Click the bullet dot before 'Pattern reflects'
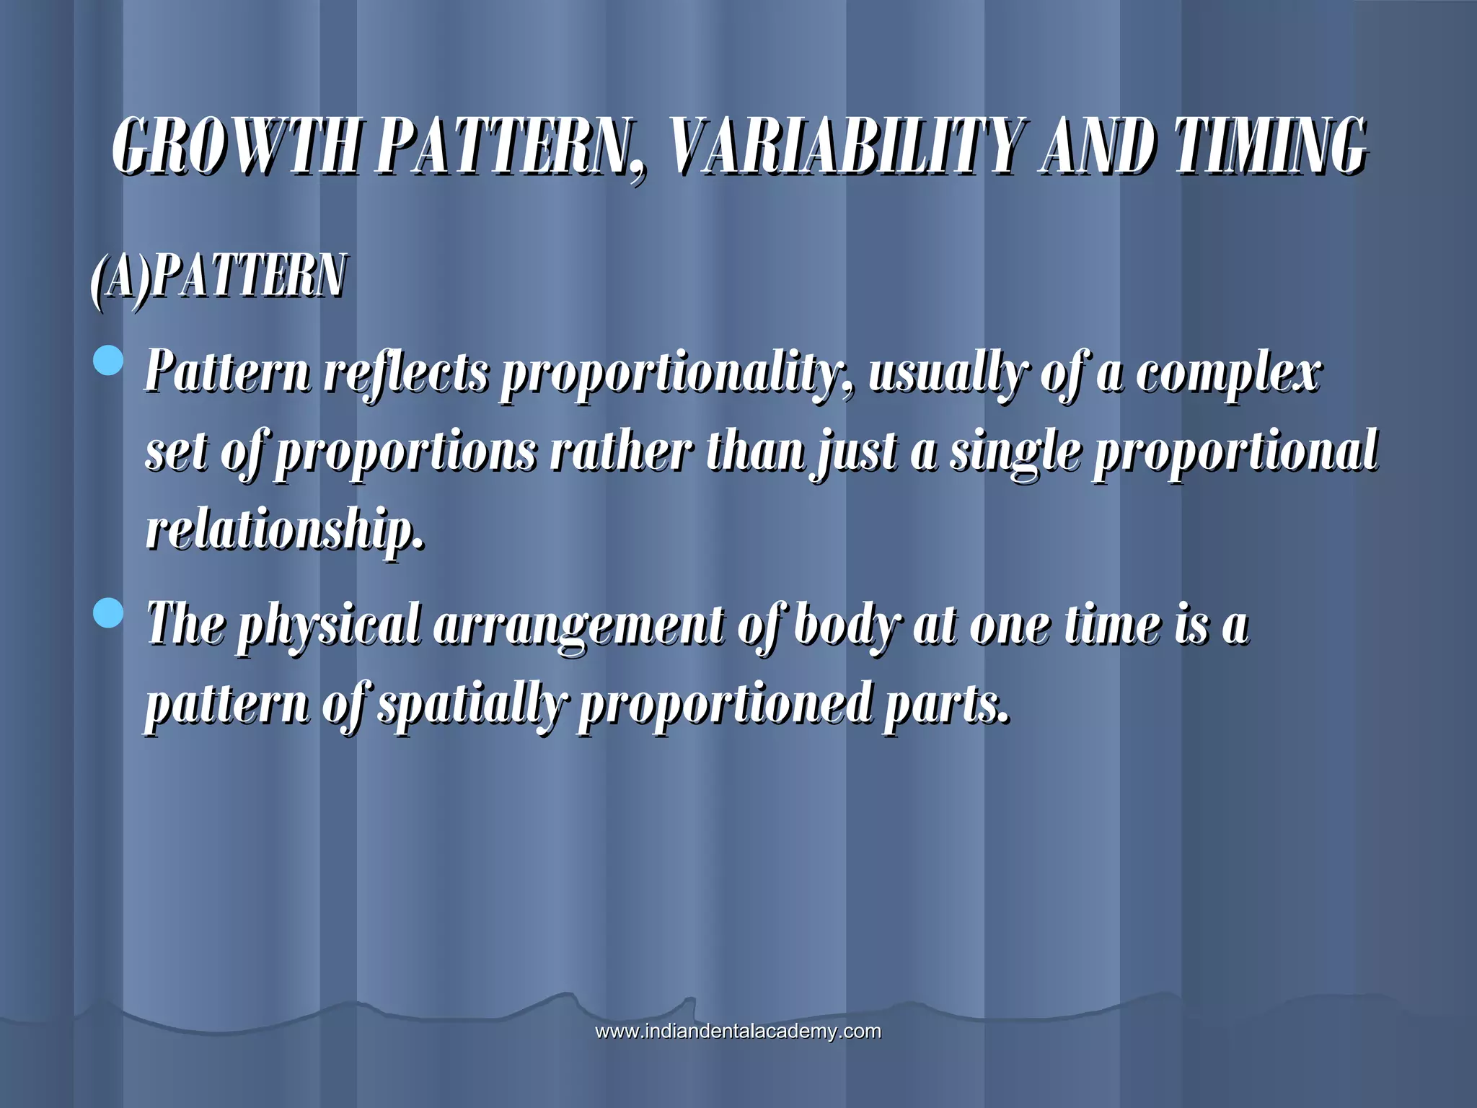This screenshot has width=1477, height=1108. [109, 361]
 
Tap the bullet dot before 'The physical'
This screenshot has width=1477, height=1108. [109, 614]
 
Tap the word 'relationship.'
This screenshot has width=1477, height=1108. [285, 530]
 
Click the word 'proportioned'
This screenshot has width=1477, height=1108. [724, 705]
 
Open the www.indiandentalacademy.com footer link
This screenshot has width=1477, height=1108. [738, 1031]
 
